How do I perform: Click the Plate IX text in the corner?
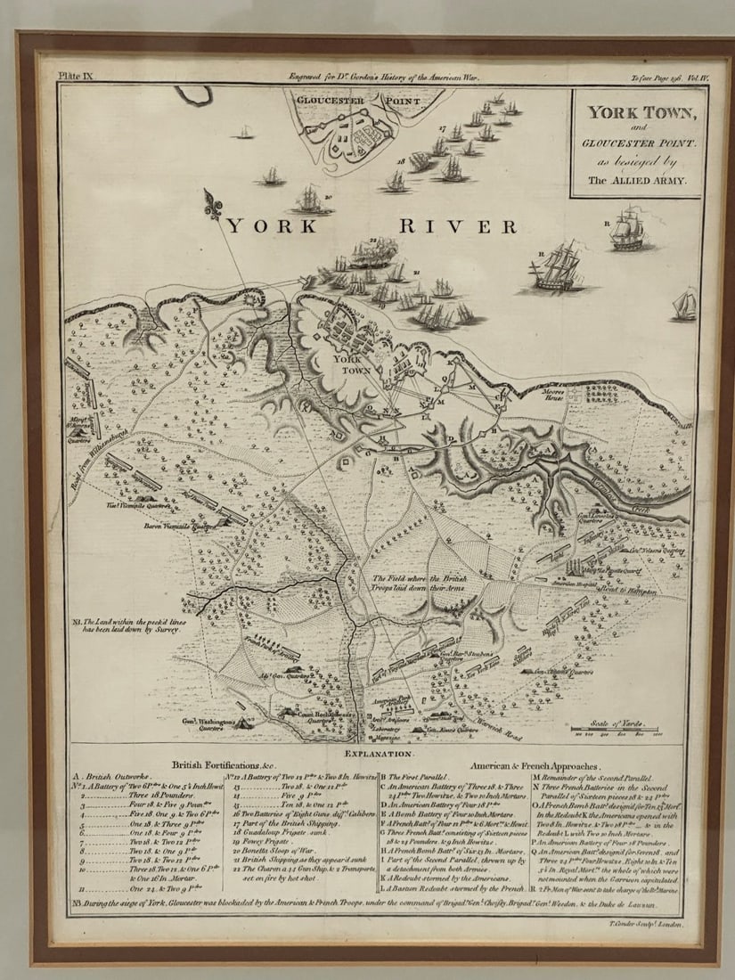pos(75,78)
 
